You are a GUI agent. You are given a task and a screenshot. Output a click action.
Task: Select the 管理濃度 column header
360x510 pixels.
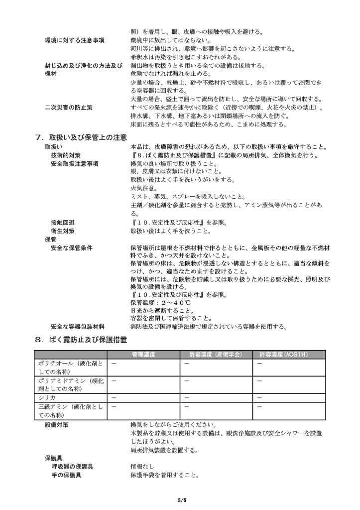click(x=144, y=354)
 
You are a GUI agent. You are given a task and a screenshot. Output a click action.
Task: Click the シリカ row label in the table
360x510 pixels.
click(x=43, y=397)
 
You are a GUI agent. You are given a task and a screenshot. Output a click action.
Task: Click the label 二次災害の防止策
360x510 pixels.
click(x=68, y=107)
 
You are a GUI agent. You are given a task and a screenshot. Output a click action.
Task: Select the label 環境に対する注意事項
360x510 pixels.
click(x=74, y=40)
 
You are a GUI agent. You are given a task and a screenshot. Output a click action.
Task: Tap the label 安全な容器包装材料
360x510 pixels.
click(x=77, y=327)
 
